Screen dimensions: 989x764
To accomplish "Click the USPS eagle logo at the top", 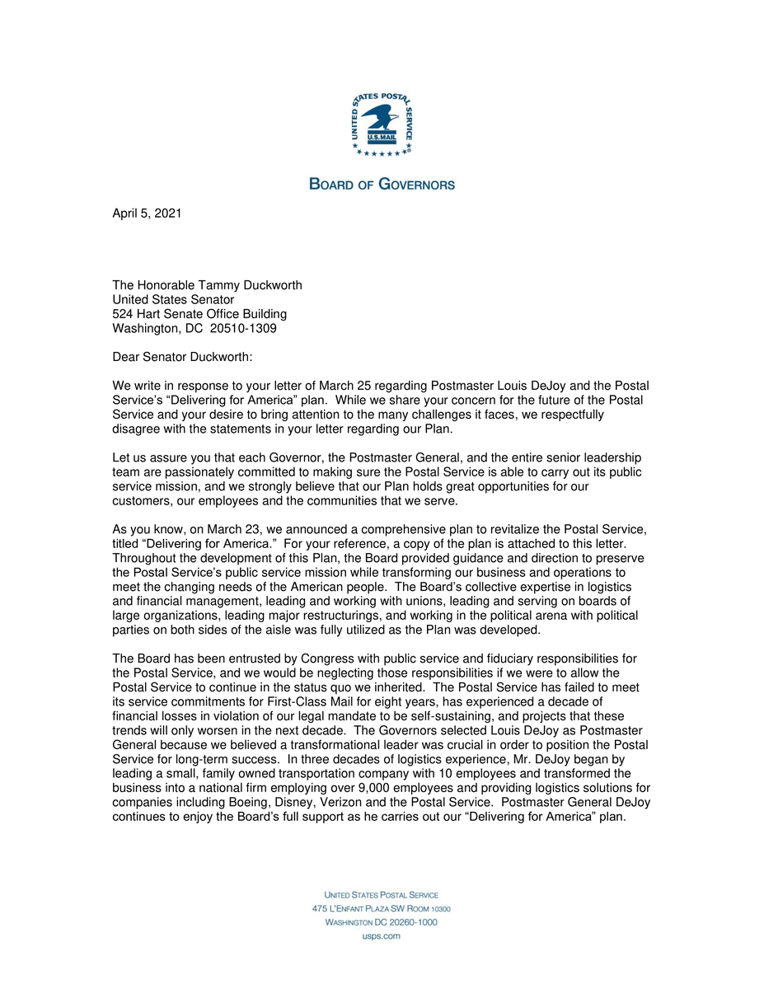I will (x=382, y=124).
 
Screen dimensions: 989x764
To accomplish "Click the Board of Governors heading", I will (x=382, y=185).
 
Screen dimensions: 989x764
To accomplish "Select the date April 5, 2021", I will (x=147, y=213).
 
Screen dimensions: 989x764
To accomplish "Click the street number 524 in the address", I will (x=123, y=314).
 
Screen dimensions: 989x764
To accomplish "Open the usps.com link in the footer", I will (x=382, y=936).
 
